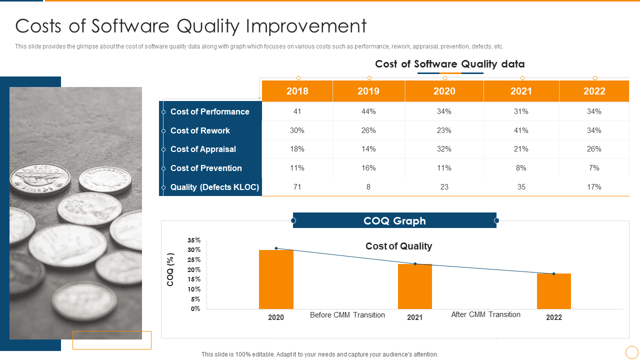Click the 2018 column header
click(297, 91)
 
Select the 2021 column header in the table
click(521, 91)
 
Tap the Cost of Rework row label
click(200, 130)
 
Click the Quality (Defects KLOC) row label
click(214, 187)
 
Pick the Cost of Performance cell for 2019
click(368, 111)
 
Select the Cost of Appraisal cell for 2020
click(444, 149)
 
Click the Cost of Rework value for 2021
click(521, 130)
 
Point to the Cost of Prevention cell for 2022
click(594, 168)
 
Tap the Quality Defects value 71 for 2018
click(297, 187)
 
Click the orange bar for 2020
click(276, 280)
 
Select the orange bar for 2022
click(553, 291)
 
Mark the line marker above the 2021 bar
click(415, 263)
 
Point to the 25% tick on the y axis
click(194, 259)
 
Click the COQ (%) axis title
click(170, 269)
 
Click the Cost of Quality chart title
click(398, 246)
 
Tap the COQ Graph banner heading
click(394, 221)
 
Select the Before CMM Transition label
click(347, 315)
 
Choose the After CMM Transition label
click(485, 314)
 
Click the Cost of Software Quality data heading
click(449, 64)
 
